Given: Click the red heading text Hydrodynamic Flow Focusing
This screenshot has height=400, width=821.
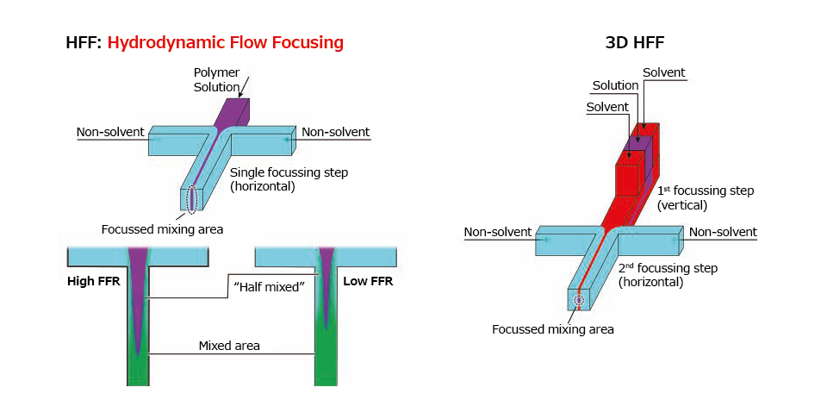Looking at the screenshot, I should click(x=225, y=42).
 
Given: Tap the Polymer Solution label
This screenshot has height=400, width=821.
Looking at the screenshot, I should click(x=217, y=79).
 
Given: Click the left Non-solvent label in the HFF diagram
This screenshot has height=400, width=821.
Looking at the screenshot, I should click(x=110, y=132).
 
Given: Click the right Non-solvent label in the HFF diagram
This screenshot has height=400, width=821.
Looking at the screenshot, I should click(x=335, y=132).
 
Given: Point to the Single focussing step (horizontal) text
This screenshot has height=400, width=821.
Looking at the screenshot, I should click(x=289, y=178).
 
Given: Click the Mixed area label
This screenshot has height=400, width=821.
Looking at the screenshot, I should click(x=229, y=346).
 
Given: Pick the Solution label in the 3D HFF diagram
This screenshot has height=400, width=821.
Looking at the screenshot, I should click(x=615, y=85).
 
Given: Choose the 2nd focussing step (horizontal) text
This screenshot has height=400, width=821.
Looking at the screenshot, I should click(x=668, y=275).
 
